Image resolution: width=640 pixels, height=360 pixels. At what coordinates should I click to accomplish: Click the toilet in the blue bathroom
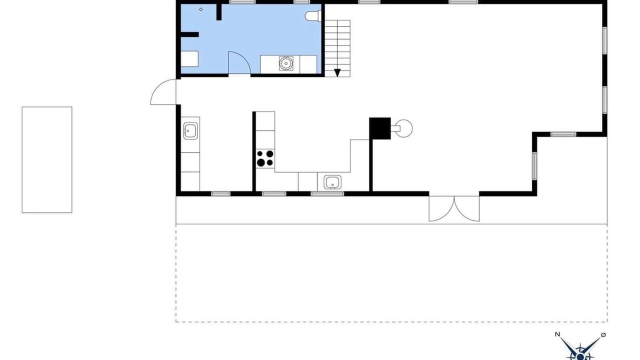313,16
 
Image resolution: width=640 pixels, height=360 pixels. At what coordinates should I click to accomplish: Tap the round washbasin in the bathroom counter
285,63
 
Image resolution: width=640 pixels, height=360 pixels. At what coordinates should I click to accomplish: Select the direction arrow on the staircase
337,72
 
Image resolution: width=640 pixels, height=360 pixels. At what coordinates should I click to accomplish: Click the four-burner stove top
265,158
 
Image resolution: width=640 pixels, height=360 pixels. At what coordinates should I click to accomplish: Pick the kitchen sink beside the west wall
190,131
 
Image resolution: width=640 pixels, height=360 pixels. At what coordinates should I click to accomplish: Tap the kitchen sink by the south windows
332,182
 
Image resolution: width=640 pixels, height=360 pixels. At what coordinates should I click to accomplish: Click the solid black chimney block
380,128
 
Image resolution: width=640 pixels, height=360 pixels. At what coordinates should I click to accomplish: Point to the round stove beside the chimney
404,128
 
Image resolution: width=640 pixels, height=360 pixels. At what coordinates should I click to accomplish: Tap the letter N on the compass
557,334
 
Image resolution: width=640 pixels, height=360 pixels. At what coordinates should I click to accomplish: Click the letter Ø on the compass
603,334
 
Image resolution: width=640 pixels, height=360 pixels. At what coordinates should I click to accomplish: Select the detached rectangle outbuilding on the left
47,160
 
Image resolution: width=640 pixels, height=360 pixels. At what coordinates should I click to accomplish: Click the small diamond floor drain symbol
201,9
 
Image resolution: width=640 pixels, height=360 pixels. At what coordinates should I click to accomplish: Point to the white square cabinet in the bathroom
189,59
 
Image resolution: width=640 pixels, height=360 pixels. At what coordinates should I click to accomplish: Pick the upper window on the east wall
605,40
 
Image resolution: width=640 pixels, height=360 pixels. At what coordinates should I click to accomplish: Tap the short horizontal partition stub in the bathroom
189,34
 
